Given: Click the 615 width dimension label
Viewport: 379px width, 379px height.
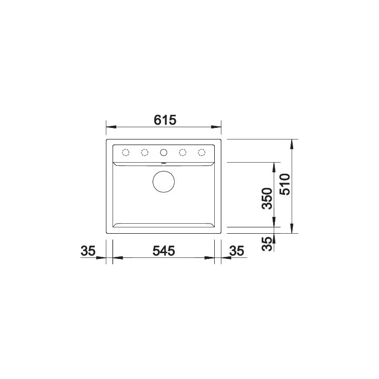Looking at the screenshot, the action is (x=165, y=120).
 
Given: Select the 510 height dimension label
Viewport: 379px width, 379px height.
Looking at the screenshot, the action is (x=284, y=184).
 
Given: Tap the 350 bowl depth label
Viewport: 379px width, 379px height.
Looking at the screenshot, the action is (x=267, y=198).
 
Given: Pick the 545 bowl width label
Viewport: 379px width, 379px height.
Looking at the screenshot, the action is (x=163, y=251).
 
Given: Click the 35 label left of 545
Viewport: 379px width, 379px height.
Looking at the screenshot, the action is (x=88, y=251).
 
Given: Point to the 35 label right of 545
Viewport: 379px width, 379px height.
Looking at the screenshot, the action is (x=237, y=251).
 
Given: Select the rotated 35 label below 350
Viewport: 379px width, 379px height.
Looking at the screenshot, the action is (x=267, y=244).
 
